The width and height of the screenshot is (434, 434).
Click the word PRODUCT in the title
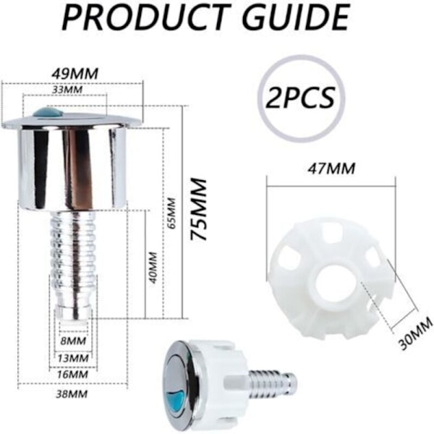[x=146, y=18]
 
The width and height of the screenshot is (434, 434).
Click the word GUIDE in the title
[x=296, y=18]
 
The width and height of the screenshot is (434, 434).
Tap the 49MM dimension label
[x=75, y=75]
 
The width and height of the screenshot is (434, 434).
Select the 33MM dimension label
[x=67, y=90]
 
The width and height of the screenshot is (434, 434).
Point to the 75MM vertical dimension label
[x=198, y=210]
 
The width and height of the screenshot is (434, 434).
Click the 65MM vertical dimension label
[x=172, y=213]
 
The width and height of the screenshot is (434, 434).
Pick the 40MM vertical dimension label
[x=153, y=268]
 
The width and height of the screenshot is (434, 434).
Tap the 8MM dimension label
[x=73, y=341]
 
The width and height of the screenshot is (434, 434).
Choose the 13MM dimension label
[x=73, y=358]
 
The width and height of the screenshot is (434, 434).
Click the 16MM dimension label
[x=73, y=375]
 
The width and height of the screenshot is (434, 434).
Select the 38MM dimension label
[x=72, y=394]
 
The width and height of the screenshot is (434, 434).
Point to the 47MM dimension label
[x=331, y=169]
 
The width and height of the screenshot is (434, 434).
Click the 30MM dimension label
[x=416, y=334]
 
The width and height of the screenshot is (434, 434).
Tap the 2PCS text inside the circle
[x=300, y=98]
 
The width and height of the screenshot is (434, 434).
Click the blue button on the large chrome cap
[x=47, y=113]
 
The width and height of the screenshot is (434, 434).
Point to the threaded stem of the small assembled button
[x=273, y=382]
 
